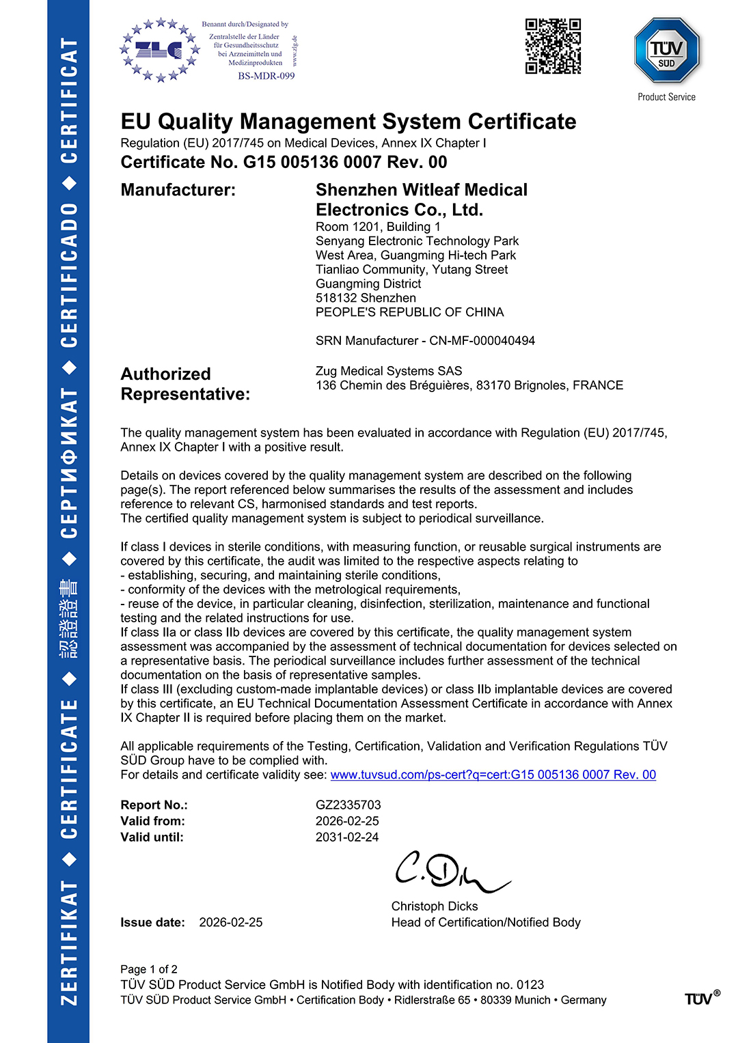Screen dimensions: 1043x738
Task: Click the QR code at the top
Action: [553, 46]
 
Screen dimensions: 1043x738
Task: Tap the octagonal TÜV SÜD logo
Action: [666, 51]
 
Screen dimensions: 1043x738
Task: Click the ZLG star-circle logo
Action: [160, 50]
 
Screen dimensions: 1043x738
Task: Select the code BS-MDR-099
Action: [266, 76]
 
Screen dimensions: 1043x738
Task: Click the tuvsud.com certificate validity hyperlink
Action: [493, 775]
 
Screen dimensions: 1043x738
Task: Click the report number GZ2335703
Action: [348, 805]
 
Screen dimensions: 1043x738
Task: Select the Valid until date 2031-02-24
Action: [346, 837]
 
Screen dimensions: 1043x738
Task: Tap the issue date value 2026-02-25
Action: [230, 922]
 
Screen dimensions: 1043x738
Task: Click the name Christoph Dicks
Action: [434, 906]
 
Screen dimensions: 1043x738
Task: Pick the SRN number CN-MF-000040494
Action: [482, 340]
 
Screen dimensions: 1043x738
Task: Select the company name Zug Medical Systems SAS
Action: [388, 371]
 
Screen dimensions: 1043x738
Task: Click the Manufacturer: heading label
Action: [178, 190]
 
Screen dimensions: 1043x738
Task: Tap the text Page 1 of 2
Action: [148, 969]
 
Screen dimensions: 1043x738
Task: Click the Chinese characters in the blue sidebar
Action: [68, 619]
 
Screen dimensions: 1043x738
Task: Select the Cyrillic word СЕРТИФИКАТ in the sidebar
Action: [68, 463]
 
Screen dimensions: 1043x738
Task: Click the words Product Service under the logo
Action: [666, 97]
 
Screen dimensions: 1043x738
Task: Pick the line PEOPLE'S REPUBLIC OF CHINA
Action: [409, 312]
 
